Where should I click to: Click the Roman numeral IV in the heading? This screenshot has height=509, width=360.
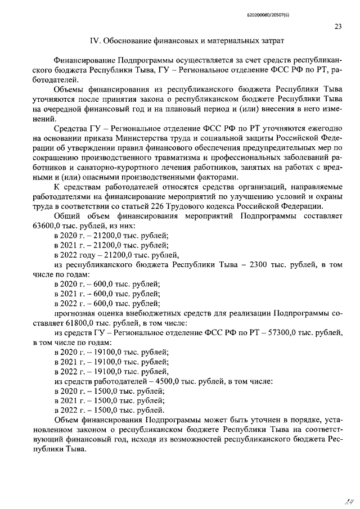pos(96,41)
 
